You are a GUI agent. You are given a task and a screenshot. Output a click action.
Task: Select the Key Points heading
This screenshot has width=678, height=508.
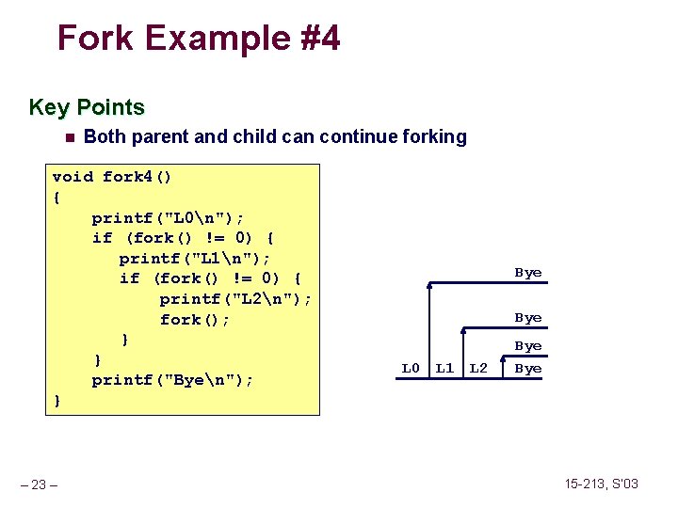tap(87, 107)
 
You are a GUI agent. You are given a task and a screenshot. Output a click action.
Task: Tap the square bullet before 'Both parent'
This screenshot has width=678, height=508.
tap(68, 137)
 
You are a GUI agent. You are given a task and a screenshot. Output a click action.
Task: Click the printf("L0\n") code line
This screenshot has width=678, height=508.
tap(168, 217)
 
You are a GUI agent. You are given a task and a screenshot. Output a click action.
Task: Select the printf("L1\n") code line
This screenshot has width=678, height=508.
tap(195, 258)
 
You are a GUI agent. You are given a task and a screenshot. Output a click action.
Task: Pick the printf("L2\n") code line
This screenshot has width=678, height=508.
tap(235, 299)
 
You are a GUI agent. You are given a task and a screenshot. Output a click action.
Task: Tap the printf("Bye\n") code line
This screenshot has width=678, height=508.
tap(173, 380)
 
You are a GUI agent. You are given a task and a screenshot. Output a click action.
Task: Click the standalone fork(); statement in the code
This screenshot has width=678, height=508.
tap(195, 320)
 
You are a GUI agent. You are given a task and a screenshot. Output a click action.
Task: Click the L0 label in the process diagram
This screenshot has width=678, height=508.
tap(411, 368)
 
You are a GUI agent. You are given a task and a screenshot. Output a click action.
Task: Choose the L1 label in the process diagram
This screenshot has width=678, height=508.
tap(444, 368)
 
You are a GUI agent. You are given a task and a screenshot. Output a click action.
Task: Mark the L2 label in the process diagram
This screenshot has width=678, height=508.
tap(478, 368)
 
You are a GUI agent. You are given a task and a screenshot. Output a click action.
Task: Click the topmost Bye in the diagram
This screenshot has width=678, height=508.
tap(528, 273)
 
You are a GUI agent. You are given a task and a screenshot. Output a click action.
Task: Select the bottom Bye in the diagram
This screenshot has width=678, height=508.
tap(528, 369)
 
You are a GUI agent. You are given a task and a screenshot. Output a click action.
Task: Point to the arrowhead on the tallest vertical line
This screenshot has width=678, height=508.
tap(429, 284)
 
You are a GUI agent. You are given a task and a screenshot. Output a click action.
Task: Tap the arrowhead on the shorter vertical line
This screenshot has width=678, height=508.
tap(463, 330)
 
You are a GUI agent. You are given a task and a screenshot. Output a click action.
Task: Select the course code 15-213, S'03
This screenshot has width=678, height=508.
tap(601, 484)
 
